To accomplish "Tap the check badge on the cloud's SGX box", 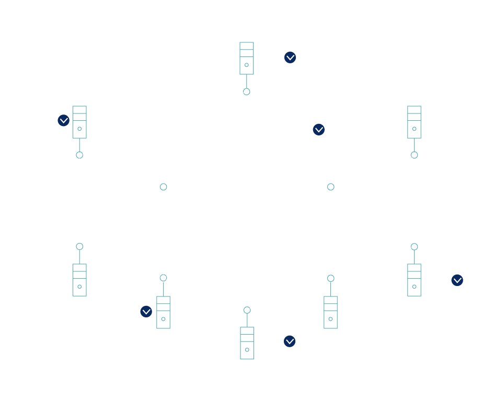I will tap(318, 129).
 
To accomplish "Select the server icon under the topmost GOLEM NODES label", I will tap(247, 58).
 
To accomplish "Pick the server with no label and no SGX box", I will tap(330, 312).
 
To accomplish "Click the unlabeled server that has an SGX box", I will tap(163, 312).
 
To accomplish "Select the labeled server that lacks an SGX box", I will tap(414, 122).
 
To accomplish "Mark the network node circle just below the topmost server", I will tap(247, 91).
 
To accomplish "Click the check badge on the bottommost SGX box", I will tap(289, 341).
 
